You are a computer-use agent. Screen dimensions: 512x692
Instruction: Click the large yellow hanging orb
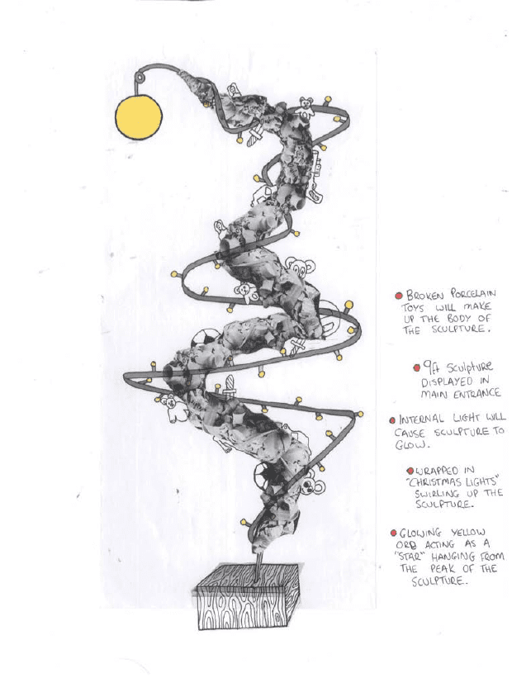pos(139,117)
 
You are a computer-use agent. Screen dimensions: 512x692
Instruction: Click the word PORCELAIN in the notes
pos(472,293)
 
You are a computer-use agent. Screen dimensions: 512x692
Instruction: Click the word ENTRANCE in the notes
pos(478,392)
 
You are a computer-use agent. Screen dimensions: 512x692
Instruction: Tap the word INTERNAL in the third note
pos(421,419)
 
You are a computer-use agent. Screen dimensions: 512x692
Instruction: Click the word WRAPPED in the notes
pos(437,471)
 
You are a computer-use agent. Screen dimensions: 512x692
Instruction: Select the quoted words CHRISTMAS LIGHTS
pos(451,481)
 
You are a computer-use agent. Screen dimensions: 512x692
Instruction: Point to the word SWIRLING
pos(437,494)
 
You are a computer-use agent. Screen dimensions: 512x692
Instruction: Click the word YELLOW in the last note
pos(468,533)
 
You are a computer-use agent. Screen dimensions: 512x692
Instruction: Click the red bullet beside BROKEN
pos(399,296)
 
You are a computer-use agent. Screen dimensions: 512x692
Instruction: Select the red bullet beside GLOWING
pos(393,533)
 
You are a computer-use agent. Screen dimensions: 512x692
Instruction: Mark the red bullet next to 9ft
pos(417,367)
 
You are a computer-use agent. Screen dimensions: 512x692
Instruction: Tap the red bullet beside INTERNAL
pos(392,420)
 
